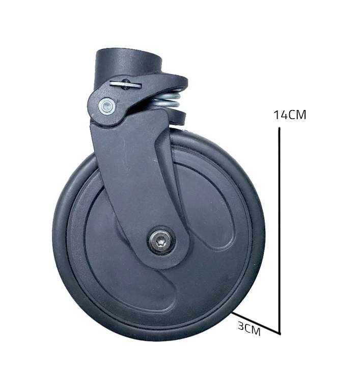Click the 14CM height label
tap(290, 115)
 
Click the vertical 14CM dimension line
tap(280, 231)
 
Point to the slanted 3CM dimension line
tap(255, 322)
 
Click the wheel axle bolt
tap(161, 240)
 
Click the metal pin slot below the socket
tap(125, 84)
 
